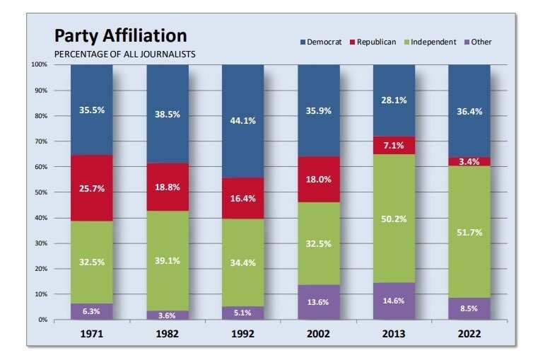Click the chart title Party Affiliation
click(x=121, y=36)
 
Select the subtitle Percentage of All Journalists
click(x=124, y=54)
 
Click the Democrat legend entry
click(x=321, y=42)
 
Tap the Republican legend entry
click(x=373, y=42)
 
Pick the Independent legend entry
click(x=430, y=42)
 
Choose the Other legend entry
click(x=478, y=42)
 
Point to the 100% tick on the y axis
click(x=40, y=64)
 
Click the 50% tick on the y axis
click(x=40, y=192)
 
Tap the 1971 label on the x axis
click(x=92, y=334)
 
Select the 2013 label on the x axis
click(x=394, y=334)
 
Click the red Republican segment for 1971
click(x=92, y=188)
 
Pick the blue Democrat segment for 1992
click(x=243, y=121)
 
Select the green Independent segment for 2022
click(x=469, y=232)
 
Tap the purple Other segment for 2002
click(x=319, y=302)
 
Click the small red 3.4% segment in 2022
click(x=469, y=162)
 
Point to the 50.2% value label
click(x=394, y=219)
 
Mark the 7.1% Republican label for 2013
click(x=394, y=146)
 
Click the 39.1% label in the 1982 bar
click(x=168, y=261)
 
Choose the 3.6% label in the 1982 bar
click(x=167, y=315)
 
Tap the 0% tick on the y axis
click(x=43, y=320)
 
